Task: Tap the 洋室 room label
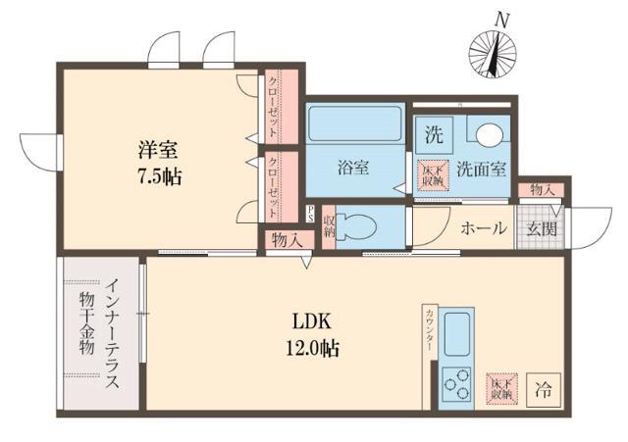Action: tap(158, 152)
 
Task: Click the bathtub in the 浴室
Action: tap(353, 125)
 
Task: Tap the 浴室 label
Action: tap(352, 168)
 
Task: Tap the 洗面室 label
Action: tap(482, 169)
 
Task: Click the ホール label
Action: tap(482, 228)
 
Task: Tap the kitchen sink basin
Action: tap(457, 334)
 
